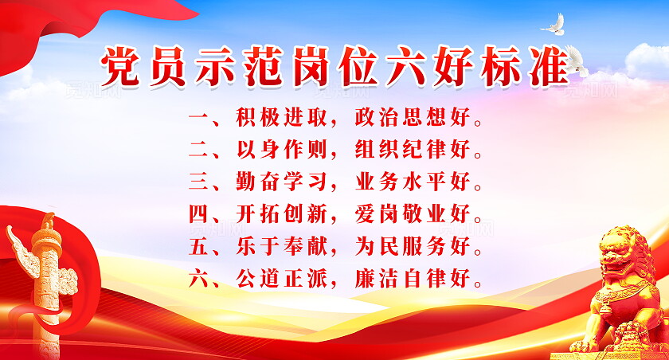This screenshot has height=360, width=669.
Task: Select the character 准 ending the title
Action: [x=545, y=65]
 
